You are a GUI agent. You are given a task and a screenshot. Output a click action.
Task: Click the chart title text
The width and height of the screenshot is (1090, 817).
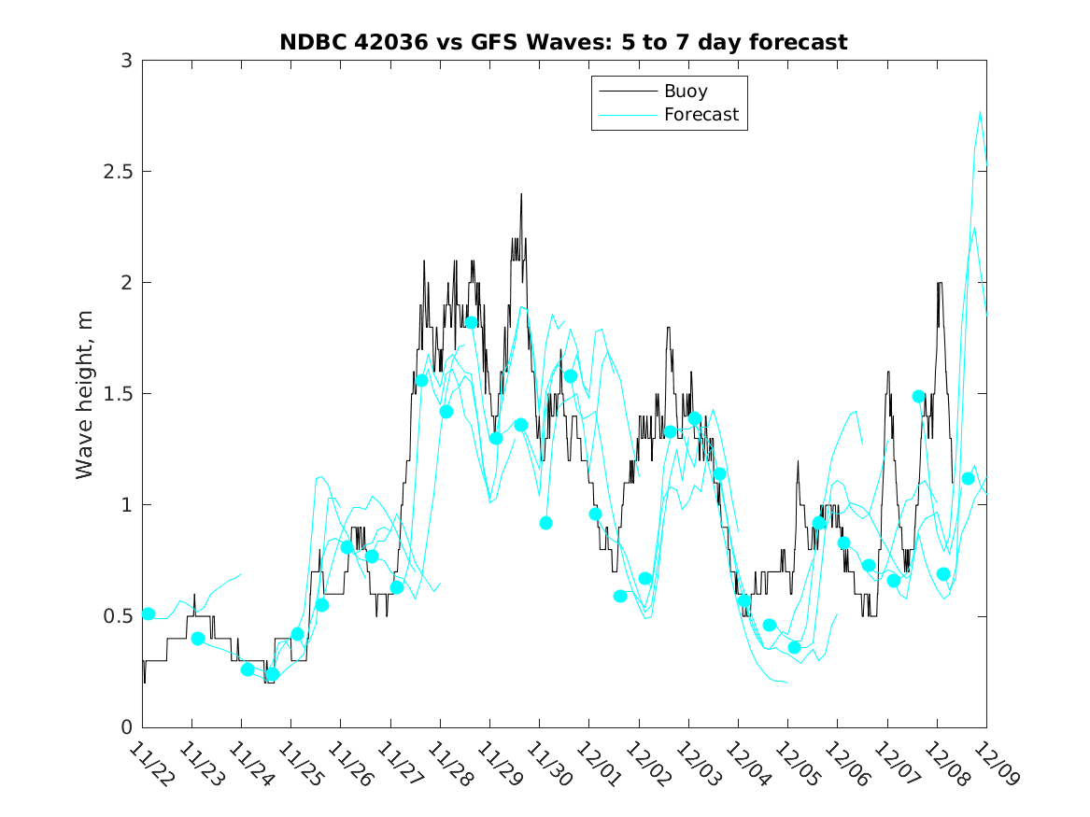click(x=563, y=42)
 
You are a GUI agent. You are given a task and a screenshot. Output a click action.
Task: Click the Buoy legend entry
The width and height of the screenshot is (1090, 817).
click(x=685, y=92)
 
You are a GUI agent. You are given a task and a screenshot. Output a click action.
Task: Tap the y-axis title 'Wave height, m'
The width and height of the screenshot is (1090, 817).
click(x=85, y=394)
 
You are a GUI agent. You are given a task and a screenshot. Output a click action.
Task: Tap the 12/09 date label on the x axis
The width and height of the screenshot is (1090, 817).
click(x=990, y=764)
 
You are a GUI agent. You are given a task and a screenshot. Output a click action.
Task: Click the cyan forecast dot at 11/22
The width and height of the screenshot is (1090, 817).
click(x=148, y=613)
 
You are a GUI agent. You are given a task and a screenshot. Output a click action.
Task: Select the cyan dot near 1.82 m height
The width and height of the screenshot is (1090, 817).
click(x=472, y=322)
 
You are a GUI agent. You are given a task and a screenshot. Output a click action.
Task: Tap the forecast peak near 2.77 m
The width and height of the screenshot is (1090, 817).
click(x=980, y=112)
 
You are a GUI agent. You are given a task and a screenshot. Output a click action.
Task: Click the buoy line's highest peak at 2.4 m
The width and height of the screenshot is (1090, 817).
click(x=521, y=194)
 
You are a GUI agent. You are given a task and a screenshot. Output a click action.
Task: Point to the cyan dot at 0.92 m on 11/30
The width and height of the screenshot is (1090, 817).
click(x=545, y=523)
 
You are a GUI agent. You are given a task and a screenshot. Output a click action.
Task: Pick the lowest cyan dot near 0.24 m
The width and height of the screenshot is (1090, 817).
click(x=272, y=674)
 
